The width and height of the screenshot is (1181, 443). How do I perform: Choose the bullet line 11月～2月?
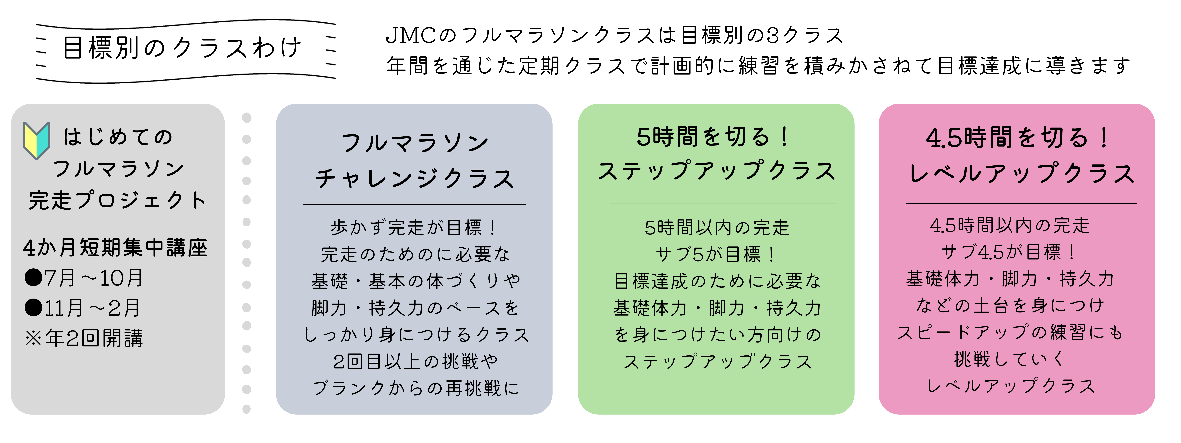pyautogui.click(x=83, y=308)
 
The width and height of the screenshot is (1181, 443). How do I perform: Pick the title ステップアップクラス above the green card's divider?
pyautogui.click(x=717, y=171)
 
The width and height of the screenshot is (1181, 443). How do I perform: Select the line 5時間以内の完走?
pyautogui.click(x=717, y=228)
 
